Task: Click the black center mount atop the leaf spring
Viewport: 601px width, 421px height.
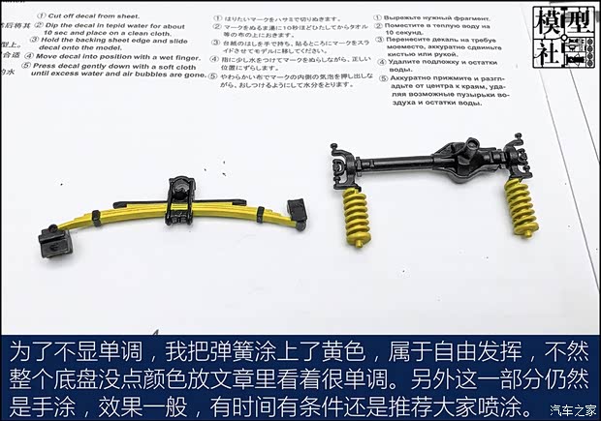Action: [179, 194]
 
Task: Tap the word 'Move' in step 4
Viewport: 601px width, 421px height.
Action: [58, 56]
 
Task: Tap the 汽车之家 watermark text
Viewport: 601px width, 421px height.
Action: [573, 408]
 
